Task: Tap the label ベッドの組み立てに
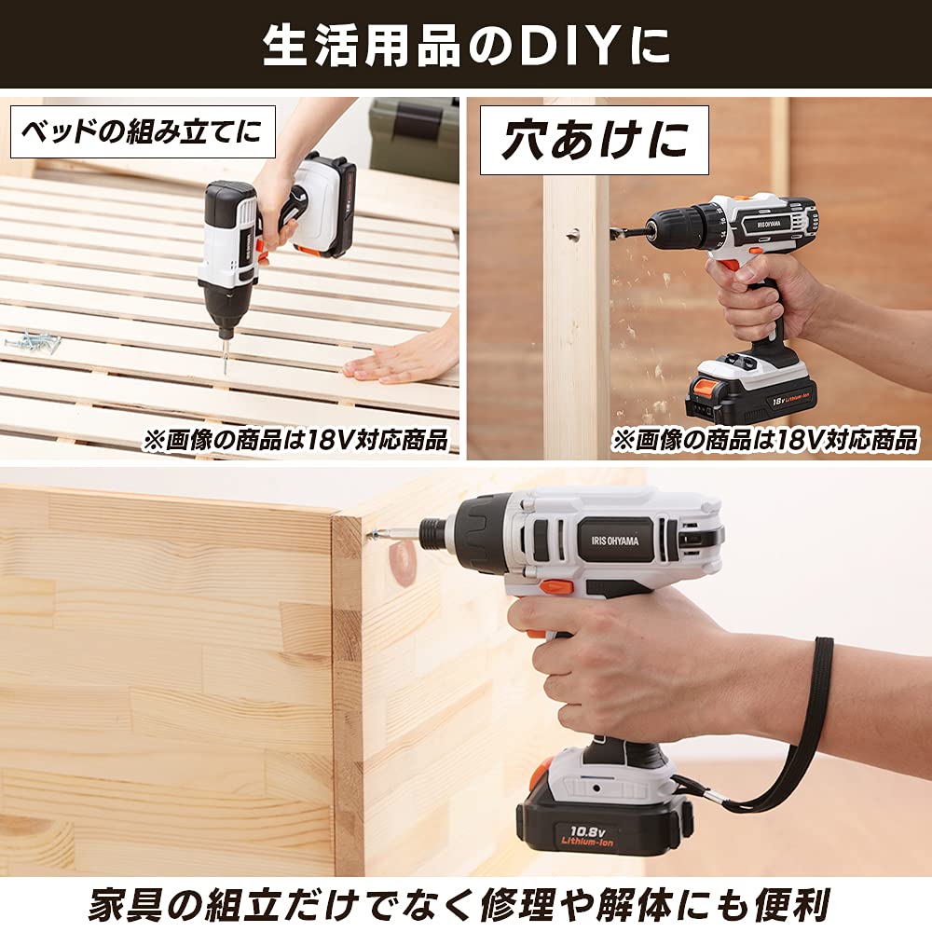click(x=143, y=131)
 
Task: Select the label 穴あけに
click(x=594, y=141)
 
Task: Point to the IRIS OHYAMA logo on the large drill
click(x=615, y=540)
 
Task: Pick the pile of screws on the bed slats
click(x=33, y=341)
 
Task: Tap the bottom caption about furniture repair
click(x=466, y=903)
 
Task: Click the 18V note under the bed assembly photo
click(x=295, y=440)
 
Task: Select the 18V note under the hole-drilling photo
click(x=764, y=440)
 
